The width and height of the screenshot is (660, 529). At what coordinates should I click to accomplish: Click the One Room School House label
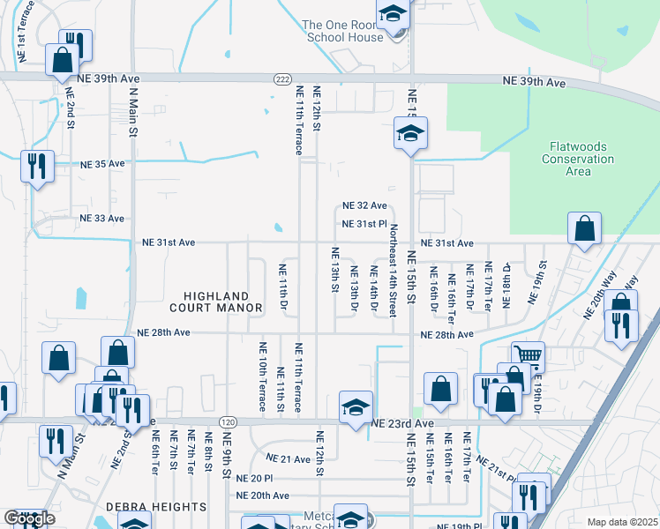coord(344,31)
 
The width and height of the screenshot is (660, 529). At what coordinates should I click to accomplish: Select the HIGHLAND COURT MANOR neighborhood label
coord(223,302)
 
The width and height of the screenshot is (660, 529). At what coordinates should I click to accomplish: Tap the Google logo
coord(29,519)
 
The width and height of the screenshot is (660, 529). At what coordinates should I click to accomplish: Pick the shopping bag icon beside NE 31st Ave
coord(584,229)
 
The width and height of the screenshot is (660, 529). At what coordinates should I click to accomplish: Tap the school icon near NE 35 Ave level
coord(410,135)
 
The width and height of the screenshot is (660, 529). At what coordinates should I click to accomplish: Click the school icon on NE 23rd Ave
coord(356,407)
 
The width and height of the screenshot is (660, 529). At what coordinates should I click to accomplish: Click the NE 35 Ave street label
coord(103,164)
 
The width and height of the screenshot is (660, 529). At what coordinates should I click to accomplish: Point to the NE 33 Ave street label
coord(103,218)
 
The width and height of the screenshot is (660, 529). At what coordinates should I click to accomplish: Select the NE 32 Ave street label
coord(365,205)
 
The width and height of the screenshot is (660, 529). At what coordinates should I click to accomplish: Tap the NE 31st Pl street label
coord(364,224)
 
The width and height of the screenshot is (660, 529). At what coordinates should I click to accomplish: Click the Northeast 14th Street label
coord(393,271)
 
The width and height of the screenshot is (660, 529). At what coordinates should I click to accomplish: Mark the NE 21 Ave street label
coord(288,459)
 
